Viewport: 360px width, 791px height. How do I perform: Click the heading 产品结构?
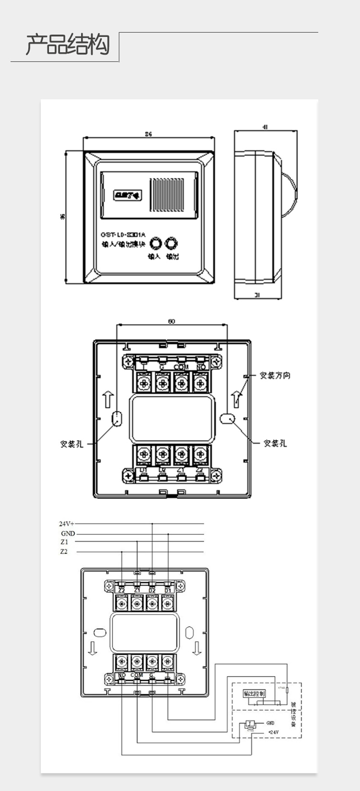(x=67, y=45)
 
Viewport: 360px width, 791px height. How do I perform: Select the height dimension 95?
(x=63, y=217)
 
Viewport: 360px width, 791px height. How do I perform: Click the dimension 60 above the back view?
(x=171, y=321)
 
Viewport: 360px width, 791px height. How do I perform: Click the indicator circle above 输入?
(x=155, y=243)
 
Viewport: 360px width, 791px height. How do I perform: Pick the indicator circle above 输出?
(x=171, y=243)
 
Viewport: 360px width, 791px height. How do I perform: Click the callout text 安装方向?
(x=275, y=375)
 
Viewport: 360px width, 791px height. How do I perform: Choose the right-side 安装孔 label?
(x=275, y=443)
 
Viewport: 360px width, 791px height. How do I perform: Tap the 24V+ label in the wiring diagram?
(x=67, y=524)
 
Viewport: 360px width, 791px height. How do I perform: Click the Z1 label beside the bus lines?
(x=64, y=542)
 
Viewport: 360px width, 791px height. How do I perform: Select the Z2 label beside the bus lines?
(x=64, y=552)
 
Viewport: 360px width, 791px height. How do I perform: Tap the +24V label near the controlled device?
(x=273, y=732)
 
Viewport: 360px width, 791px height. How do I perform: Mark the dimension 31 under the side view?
(x=257, y=295)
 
